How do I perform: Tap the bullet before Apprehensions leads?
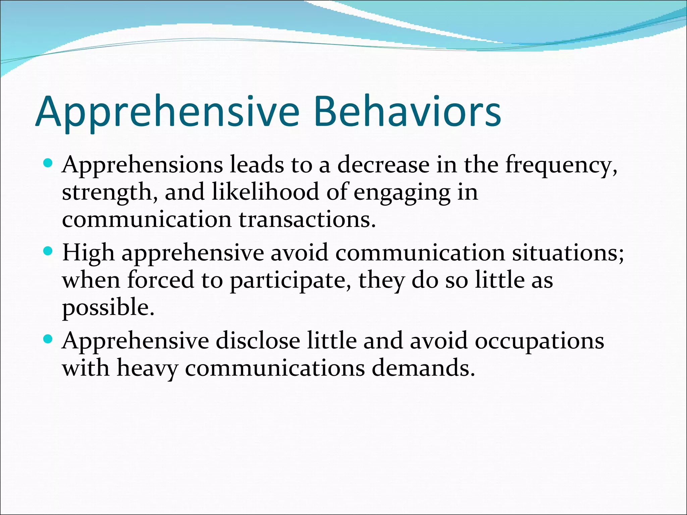pyautogui.click(x=49, y=164)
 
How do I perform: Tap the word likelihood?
pyautogui.click(x=265, y=192)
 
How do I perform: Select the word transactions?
pyautogui.click(x=307, y=220)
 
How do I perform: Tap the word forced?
pyautogui.click(x=161, y=280)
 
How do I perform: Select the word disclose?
pyautogui.click(x=258, y=341)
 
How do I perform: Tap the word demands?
pyautogui.click(x=423, y=368)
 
